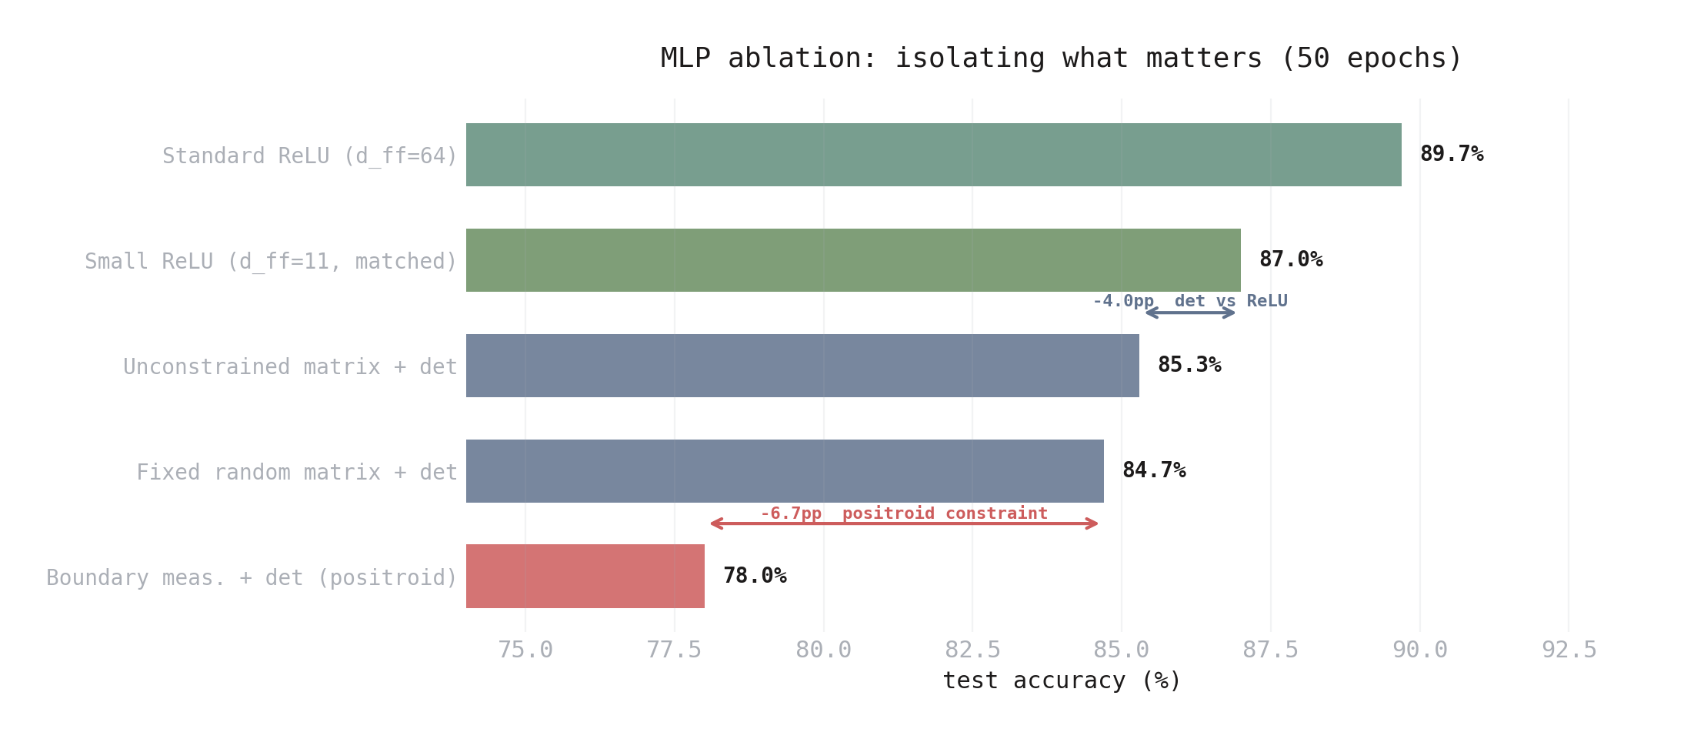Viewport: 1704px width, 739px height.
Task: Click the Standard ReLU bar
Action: click(x=933, y=155)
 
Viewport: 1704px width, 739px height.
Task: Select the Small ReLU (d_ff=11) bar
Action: click(x=853, y=260)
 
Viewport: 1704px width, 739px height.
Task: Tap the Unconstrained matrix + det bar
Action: click(x=802, y=366)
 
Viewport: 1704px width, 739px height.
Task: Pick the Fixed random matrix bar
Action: click(x=785, y=471)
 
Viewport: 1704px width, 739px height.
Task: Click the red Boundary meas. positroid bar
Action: click(x=585, y=577)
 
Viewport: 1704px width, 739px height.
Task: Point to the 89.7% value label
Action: click(x=1452, y=154)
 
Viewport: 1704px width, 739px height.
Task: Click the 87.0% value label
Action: click(x=1291, y=259)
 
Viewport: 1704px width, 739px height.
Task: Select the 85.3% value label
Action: click(x=1189, y=365)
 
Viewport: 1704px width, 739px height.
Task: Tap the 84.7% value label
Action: click(x=1154, y=470)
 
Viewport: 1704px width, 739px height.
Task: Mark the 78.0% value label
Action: click(x=755, y=576)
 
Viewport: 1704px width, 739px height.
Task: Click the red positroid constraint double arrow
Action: click(x=904, y=523)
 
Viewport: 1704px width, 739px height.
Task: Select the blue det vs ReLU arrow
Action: click(x=1190, y=313)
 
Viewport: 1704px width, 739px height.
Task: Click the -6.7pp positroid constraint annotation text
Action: click(x=904, y=513)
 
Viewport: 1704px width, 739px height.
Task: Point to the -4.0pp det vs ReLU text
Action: click(x=1190, y=301)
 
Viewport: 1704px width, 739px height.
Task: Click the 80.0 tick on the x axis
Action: click(x=823, y=650)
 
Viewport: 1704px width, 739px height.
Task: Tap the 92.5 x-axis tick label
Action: click(x=1569, y=650)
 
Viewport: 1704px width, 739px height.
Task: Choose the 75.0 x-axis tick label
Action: click(x=525, y=650)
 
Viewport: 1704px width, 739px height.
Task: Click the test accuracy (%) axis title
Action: click(x=1061, y=680)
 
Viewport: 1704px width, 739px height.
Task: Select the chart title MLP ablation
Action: click(x=1061, y=59)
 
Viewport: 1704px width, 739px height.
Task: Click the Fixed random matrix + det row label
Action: click(x=297, y=472)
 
